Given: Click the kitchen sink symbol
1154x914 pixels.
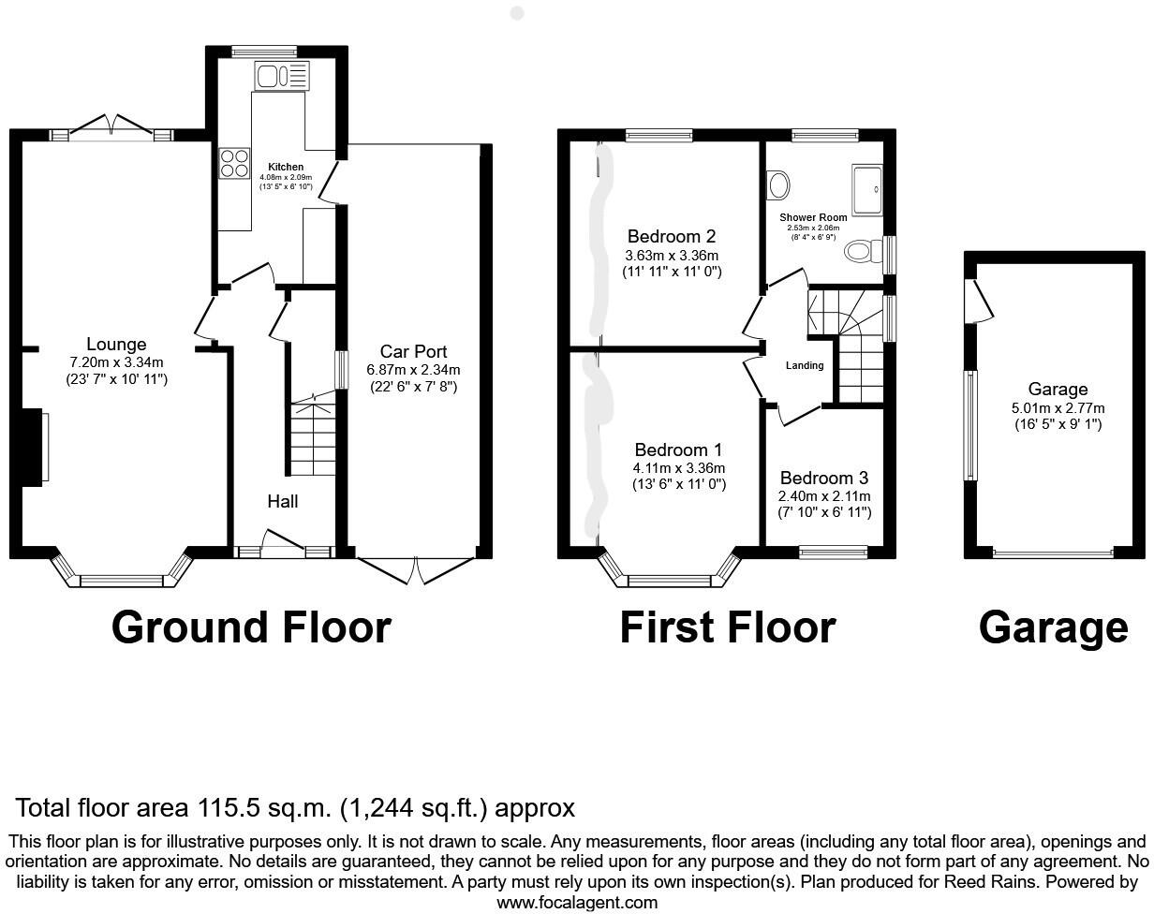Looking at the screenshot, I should (x=281, y=75).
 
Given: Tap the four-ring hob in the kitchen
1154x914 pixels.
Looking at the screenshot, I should (x=234, y=164).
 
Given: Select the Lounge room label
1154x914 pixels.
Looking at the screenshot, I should (x=116, y=344).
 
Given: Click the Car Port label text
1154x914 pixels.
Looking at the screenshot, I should (x=413, y=351).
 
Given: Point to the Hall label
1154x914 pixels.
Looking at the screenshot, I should (x=283, y=502).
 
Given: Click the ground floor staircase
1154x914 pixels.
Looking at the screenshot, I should (x=311, y=440).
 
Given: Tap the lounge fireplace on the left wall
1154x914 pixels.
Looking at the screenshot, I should (x=33, y=448).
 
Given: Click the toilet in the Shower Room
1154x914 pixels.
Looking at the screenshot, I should (x=862, y=251).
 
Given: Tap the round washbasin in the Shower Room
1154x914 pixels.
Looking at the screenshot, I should (x=778, y=184).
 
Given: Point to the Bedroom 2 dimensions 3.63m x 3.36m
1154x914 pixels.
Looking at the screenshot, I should (x=672, y=256).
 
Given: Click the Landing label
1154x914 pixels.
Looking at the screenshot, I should (x=805, y=365).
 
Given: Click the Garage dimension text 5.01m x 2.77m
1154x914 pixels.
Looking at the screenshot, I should (x=1058, y=407).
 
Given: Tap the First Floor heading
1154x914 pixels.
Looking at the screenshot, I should (x=727, y=627).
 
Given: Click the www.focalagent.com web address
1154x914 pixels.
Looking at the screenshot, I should (x=576, y=903).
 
